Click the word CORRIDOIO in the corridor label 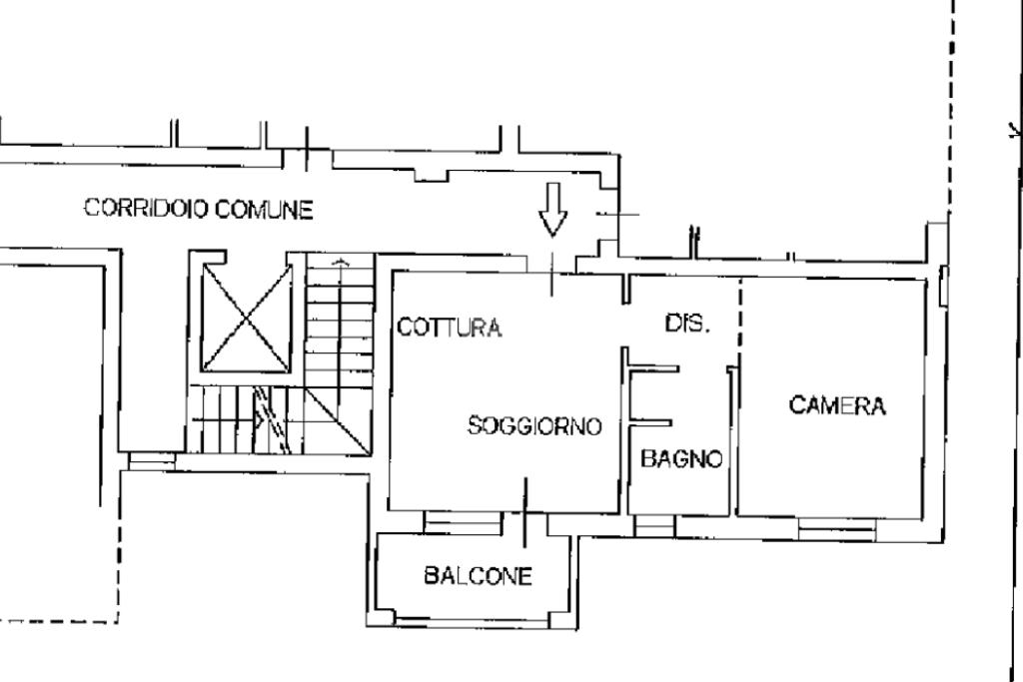(x=146, y=208)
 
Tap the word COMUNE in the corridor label (x=264, y=210)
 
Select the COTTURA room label (x=450, y=327)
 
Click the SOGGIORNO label (x=534, y=425)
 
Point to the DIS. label (x=687, y=324)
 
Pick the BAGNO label (x=681, y=459)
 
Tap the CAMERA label (x=837, y=405)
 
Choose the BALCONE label (x=479, y=576)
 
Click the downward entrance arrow (x=552, y=210)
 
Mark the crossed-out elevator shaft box (x=247, y=319)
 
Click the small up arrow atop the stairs (x=340, y=263)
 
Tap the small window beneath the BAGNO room (x=655, y=525)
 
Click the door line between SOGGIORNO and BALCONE (x=525, y=512)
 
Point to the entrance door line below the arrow (x=551, y=275)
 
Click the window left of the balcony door (x=463, y=523)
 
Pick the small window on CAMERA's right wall (x=943, y=285)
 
